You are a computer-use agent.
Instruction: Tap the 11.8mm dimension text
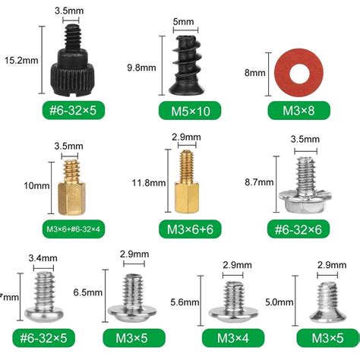click(x=147, y=182)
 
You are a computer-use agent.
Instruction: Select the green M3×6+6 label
click(x=188, y=229)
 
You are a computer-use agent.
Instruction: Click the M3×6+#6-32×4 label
click(x=68, y=229)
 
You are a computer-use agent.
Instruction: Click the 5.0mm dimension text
click(x=279, y=302)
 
